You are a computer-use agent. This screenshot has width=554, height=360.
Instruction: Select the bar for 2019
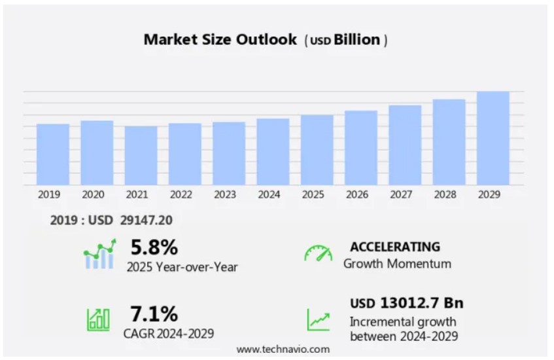click(53, 154)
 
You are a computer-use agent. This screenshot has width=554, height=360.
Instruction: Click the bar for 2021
click(141, 156)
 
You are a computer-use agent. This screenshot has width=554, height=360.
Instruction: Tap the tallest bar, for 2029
click(493, 138)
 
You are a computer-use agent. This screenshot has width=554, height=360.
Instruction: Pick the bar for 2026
click(361, 148)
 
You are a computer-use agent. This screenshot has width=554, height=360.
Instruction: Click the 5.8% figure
click(154, 247)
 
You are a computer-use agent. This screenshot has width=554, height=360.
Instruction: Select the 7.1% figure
click(154, 314)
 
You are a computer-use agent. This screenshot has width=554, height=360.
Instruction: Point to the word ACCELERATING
click(395, 247)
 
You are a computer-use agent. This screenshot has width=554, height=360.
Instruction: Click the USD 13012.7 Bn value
click(406, 303)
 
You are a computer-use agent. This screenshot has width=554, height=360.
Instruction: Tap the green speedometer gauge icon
click(318, 253)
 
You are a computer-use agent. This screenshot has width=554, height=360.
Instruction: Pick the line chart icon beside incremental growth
click(319, 319)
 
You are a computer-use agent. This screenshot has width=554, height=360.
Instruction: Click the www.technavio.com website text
click(283, 350)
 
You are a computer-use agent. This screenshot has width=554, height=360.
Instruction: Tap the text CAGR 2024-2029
click(168, 333)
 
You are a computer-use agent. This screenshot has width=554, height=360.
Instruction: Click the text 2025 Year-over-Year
click(182, 266)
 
